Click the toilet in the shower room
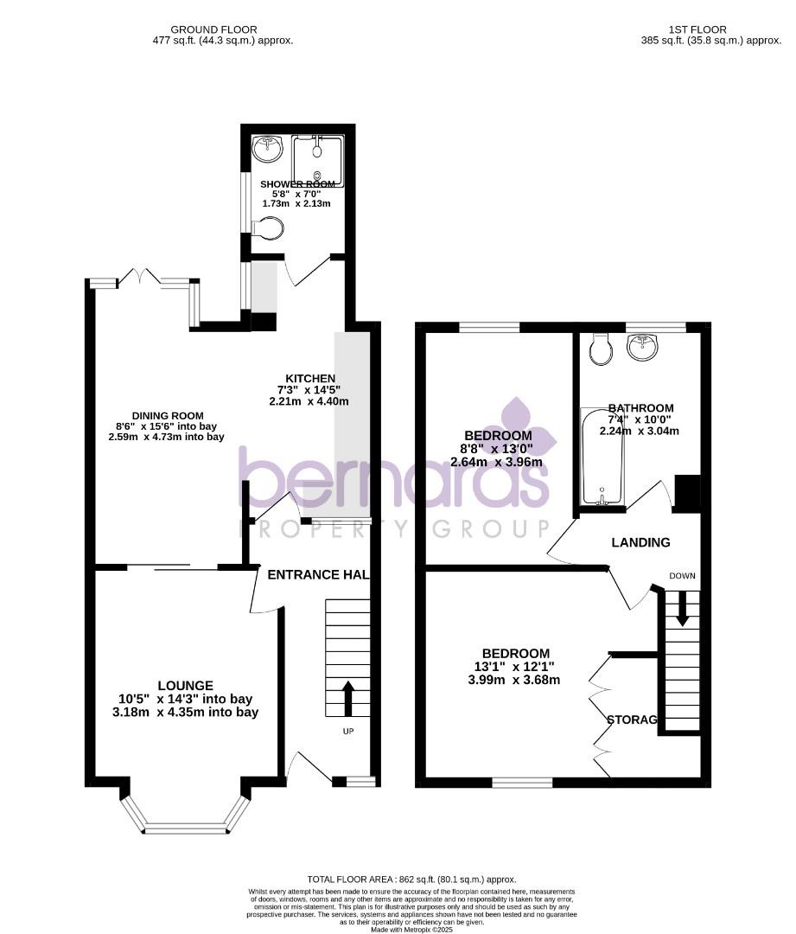tap(270, 229)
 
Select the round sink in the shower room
tap(269, 149)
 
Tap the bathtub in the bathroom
tap(597, 457)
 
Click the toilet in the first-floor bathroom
tap(599, 349)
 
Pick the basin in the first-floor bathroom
tap(643, 348)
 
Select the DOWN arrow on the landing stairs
tap(682, 607)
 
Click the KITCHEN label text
tap(310, 378)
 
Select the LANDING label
tap(640, 543)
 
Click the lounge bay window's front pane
tap(188, 828)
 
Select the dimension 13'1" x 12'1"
tap(516, 667)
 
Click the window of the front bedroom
tap(523, 783)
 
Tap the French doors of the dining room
tap(138, 278)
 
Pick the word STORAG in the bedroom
tap(632, 720)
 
